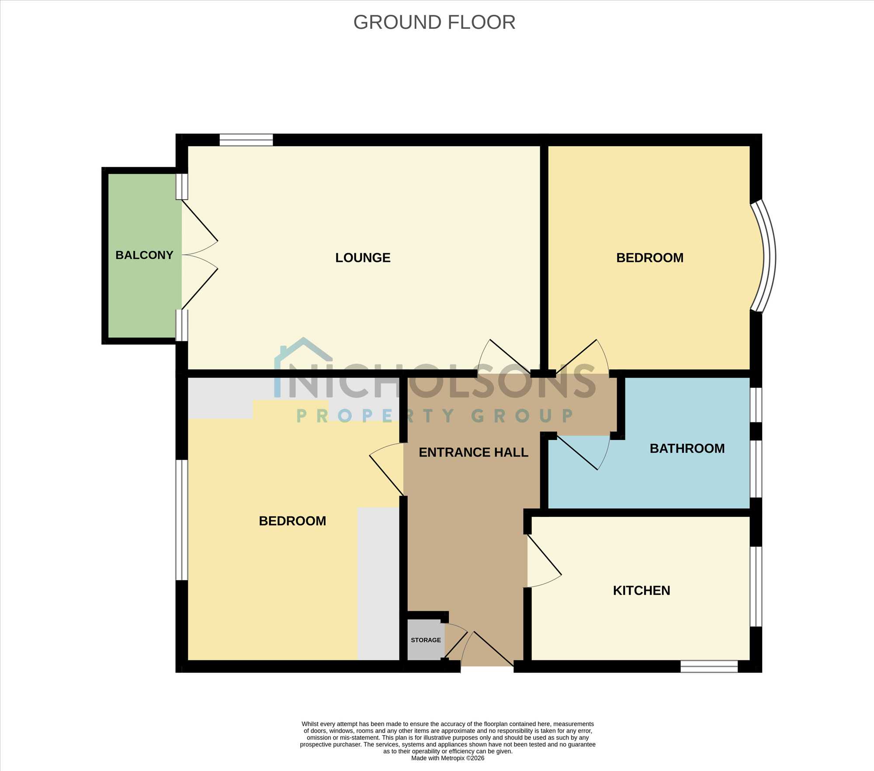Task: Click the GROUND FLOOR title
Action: point(434,22)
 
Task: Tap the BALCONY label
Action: point(144,255)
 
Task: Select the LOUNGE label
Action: point(363,258)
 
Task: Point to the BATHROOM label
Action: point(687,448)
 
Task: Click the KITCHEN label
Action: point(642,590)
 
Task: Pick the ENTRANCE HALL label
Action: point(473,452)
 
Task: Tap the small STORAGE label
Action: point(426,640)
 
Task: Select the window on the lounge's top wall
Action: point(246,140)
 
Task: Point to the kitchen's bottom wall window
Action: point(709,666)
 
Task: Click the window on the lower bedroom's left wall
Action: point(182,520)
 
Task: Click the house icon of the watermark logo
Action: point(303,356)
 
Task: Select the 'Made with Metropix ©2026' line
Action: point(447,758)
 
